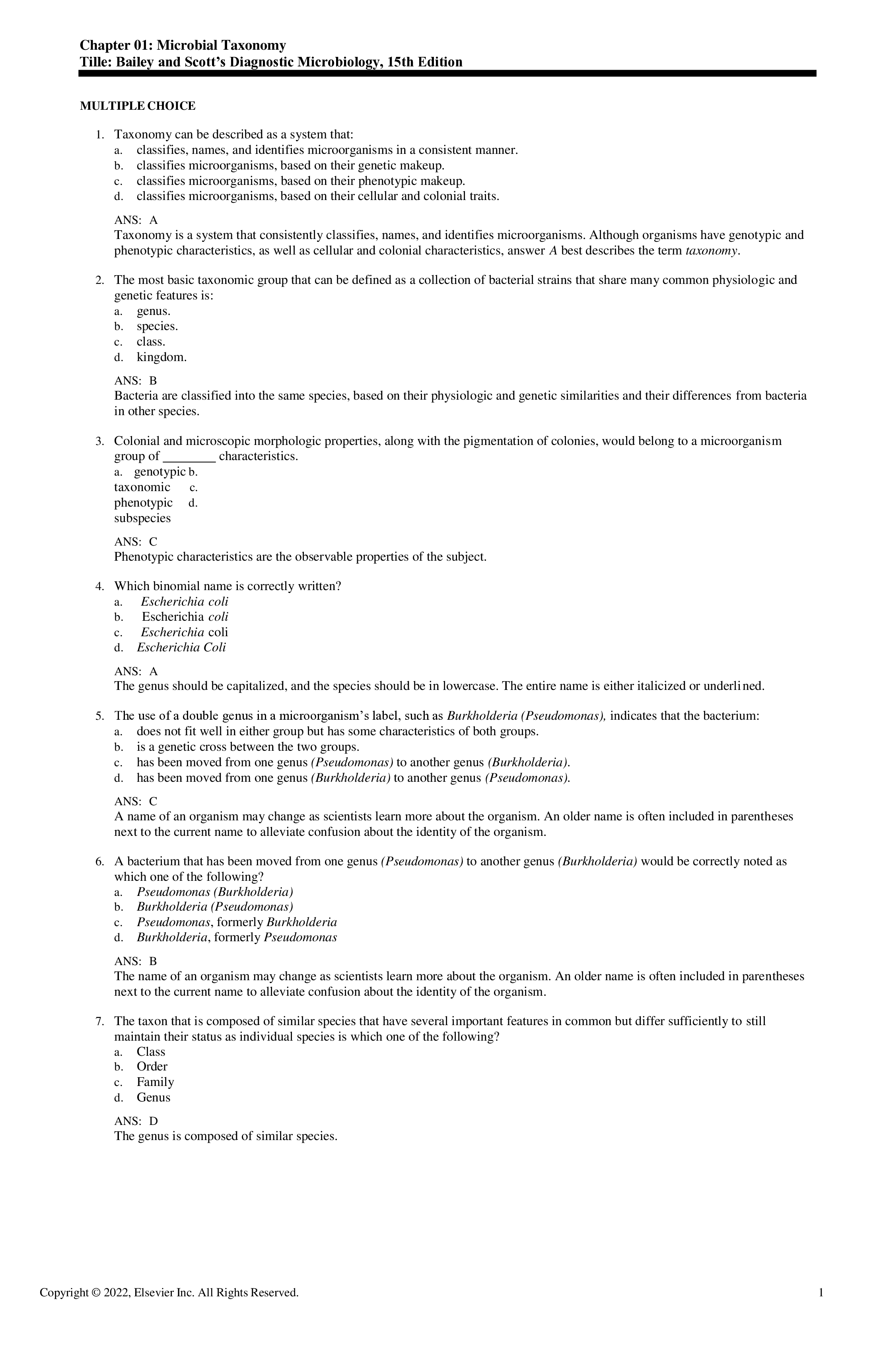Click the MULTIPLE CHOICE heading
tap(138, 106)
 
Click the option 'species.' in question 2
tap(157, 326)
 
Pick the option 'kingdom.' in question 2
tap(161, 357)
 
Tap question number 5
tap(99, 716)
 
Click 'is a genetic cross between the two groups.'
tap(248, 747)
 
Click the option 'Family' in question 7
tap(155, 1082)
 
